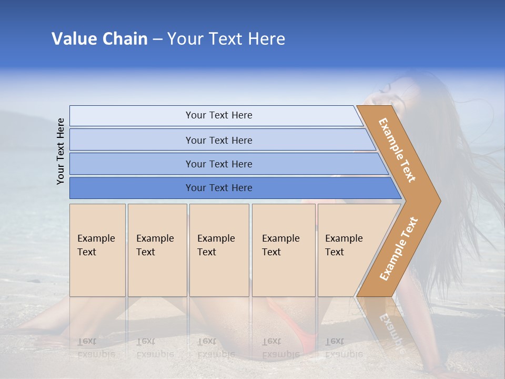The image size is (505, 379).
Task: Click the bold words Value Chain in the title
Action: [x=99, y=39]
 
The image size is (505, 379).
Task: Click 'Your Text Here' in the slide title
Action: [x=226, y=39]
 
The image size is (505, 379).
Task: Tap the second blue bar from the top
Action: [x=218, y=140]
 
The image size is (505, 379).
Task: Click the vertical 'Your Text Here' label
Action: [x=60, y=151]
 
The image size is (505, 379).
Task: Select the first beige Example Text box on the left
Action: [x=97, y=250]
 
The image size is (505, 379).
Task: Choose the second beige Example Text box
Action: [x=157, y=250]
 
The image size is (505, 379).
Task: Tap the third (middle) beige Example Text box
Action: [x=219, y=250]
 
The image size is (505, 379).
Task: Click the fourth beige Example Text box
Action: [x=284, y=250]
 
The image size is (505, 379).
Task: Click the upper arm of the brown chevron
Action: [x=398, y=149]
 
